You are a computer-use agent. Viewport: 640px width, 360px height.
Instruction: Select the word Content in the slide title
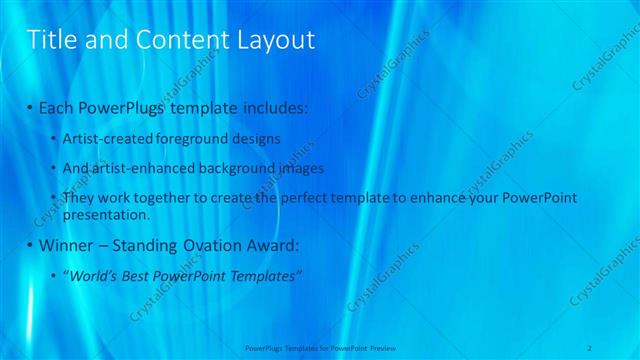(177, 40)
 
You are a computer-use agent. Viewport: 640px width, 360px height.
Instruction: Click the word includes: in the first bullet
(274, 106)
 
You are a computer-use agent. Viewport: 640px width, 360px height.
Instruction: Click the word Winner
(65, 245)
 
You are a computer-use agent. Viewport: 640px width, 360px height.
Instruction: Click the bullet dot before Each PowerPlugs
(30, 106)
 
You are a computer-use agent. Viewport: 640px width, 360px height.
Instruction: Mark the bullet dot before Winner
(30, 245)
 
